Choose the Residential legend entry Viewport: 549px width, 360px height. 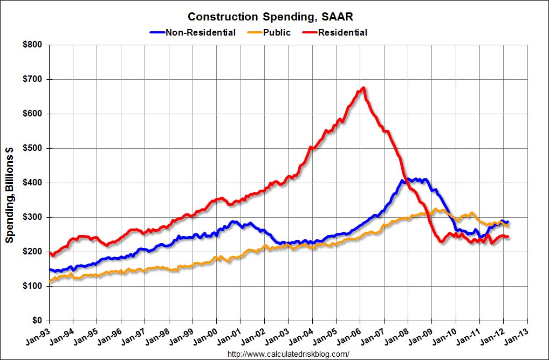pyautogui.click(x=342, y=32)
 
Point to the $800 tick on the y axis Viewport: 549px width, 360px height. pyautogui.click(x=34, y=45)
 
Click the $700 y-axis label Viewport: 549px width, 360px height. pyautogui.click(x=34, y=79)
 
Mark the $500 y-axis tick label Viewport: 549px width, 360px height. pyautogui.click(x=34, y=148)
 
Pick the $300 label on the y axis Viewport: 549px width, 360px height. pyautogui.click(x=34, y=217)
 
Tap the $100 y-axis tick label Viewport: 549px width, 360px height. pyautogui.click(x=34, y=286)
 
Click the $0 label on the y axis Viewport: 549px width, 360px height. pyautogui.click(x=38, y=321)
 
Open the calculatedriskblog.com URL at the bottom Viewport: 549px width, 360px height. pyautogui.click(x=289, y=354)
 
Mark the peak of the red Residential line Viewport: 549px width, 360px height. pyautogui.click(x=364, y=88)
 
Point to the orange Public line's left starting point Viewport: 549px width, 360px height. pyautogui.click(x=50, y=281)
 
